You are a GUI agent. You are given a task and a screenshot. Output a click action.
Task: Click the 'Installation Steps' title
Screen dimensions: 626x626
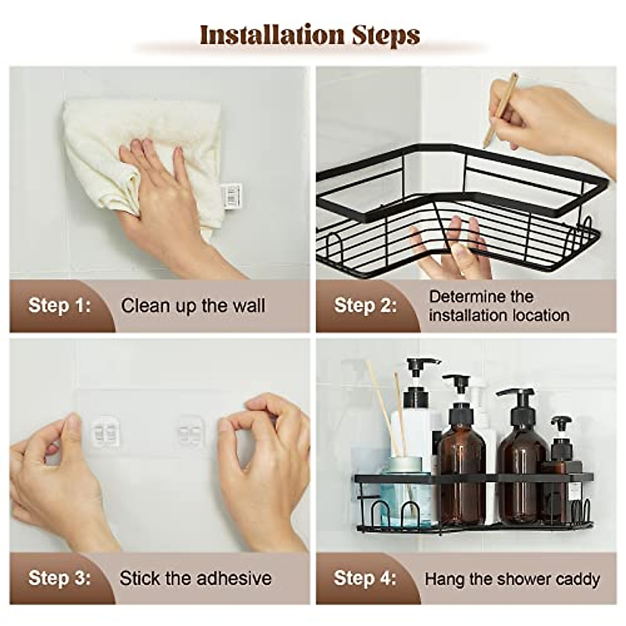point(310,35)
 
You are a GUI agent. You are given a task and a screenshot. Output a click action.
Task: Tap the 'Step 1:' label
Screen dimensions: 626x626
point(59,305)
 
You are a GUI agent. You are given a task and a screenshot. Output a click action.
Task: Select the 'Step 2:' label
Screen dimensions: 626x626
point(365,305)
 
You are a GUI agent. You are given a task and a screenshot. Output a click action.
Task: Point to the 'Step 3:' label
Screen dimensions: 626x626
point(59,578)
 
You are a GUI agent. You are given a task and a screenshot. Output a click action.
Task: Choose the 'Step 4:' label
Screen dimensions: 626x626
point(365,578)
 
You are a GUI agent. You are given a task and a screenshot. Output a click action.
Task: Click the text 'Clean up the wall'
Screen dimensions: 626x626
point(193,306)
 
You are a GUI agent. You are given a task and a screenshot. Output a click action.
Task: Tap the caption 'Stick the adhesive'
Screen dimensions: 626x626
point(196,579)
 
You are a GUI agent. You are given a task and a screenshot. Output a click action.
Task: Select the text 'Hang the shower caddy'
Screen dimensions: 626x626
point(512,579)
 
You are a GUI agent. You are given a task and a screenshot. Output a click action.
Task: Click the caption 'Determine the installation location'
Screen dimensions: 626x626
point(499,306)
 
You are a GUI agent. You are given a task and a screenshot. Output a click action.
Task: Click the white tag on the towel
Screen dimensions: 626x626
point(231,195)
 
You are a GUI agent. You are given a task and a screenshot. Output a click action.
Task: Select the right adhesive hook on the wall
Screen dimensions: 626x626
point(190,431)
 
